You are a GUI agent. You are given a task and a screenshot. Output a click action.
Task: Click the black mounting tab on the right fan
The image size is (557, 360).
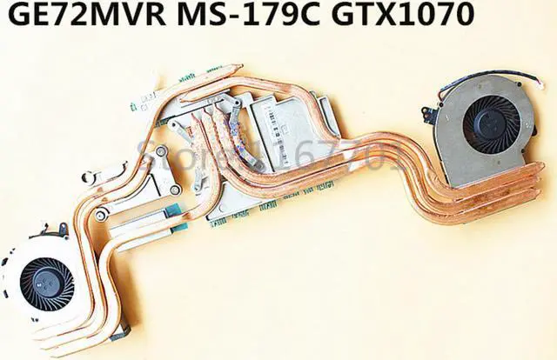tap(427, 113)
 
